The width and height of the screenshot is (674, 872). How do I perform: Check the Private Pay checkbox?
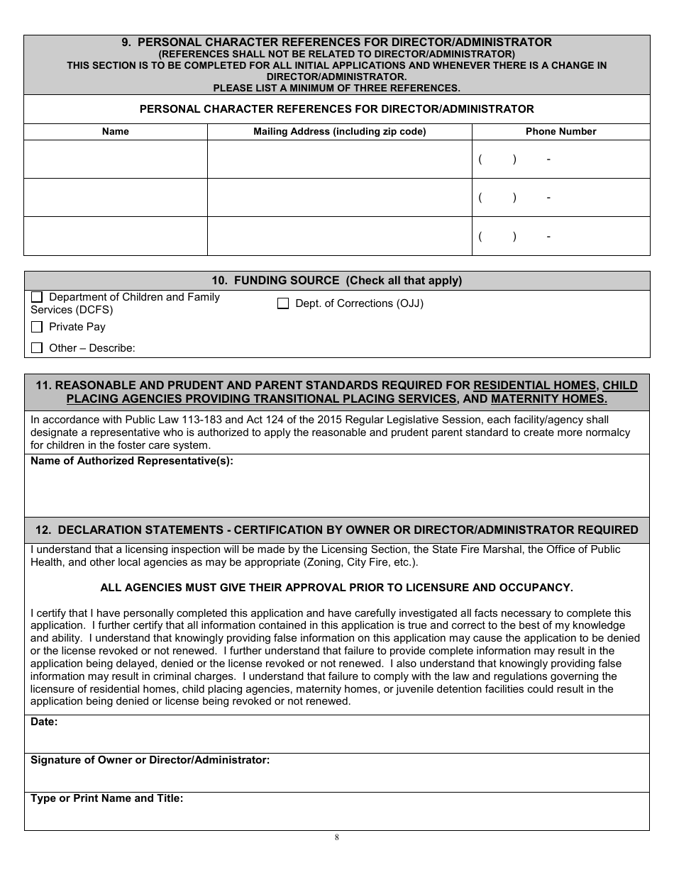37,327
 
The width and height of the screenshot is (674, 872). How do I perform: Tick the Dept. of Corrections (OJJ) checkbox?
283,303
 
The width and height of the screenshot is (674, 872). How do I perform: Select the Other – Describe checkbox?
37,348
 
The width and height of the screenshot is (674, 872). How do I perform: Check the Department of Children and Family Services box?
37,297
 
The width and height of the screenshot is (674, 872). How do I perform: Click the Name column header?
116,131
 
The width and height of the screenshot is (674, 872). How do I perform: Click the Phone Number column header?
560,131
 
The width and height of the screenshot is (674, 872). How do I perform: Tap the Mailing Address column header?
339,131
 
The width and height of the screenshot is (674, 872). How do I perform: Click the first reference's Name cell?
116,160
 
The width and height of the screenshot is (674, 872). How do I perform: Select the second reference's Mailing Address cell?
339,198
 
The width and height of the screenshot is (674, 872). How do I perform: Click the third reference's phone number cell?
560,236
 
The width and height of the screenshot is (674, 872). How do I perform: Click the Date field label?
44,722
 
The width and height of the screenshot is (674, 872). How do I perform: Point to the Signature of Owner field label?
150,760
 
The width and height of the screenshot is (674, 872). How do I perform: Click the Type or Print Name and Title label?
106,798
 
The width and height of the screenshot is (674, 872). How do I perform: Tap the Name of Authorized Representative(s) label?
132,461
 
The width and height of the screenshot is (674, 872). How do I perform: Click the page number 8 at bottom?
337,837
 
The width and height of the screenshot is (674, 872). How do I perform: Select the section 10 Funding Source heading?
337,281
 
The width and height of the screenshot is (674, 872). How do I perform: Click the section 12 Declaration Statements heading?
337,530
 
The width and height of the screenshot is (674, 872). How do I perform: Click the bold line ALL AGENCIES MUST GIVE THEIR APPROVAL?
337,588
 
